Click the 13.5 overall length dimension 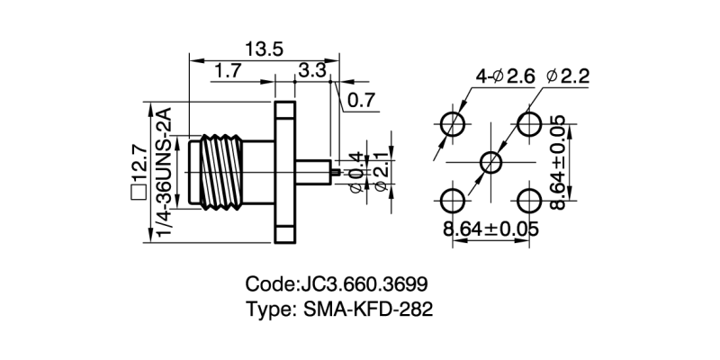coord(262,49)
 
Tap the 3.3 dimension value coord(312,71)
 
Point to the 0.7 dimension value coord(361,101)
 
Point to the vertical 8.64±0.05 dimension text coord(558,163)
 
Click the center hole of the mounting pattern coord(491,163)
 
